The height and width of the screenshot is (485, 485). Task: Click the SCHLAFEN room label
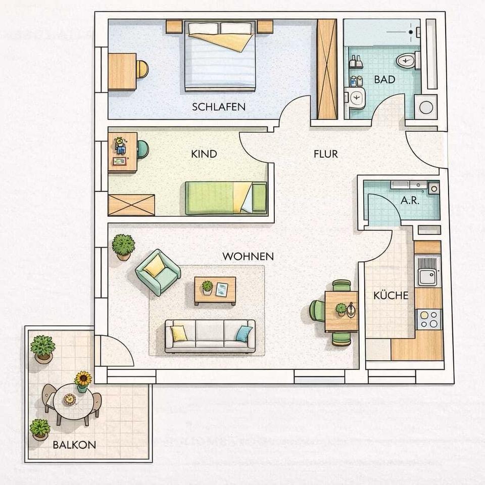(x=219, y=107)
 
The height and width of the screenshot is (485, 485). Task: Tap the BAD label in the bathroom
(x=384, y=79)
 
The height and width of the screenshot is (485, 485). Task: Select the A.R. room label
(x=410, y=201)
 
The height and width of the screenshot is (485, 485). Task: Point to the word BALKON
(x=74, y=445)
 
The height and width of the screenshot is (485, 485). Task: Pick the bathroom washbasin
(x=355, y=98)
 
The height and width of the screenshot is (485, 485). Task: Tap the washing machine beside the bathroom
(x=425, y=107)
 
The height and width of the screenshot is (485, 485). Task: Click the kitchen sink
(x=428, y=271)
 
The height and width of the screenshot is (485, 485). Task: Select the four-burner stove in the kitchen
(x=429, y=319)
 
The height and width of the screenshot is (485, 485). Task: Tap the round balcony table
(x=73, y=401)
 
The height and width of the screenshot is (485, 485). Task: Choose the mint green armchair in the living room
(x=158, y=272)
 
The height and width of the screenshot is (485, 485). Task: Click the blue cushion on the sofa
(x=245, y=334)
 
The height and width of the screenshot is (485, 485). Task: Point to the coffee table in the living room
(x=215, y=291)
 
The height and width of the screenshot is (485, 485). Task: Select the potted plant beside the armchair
(x=123, y=247)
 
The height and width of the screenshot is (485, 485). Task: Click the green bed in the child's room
(x=226, y=198)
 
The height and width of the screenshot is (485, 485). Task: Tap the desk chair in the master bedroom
(x=142, y=69)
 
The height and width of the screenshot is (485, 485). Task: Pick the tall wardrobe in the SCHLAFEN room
(x=327, y=69)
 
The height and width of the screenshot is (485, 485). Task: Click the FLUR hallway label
(x=325, y=154)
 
